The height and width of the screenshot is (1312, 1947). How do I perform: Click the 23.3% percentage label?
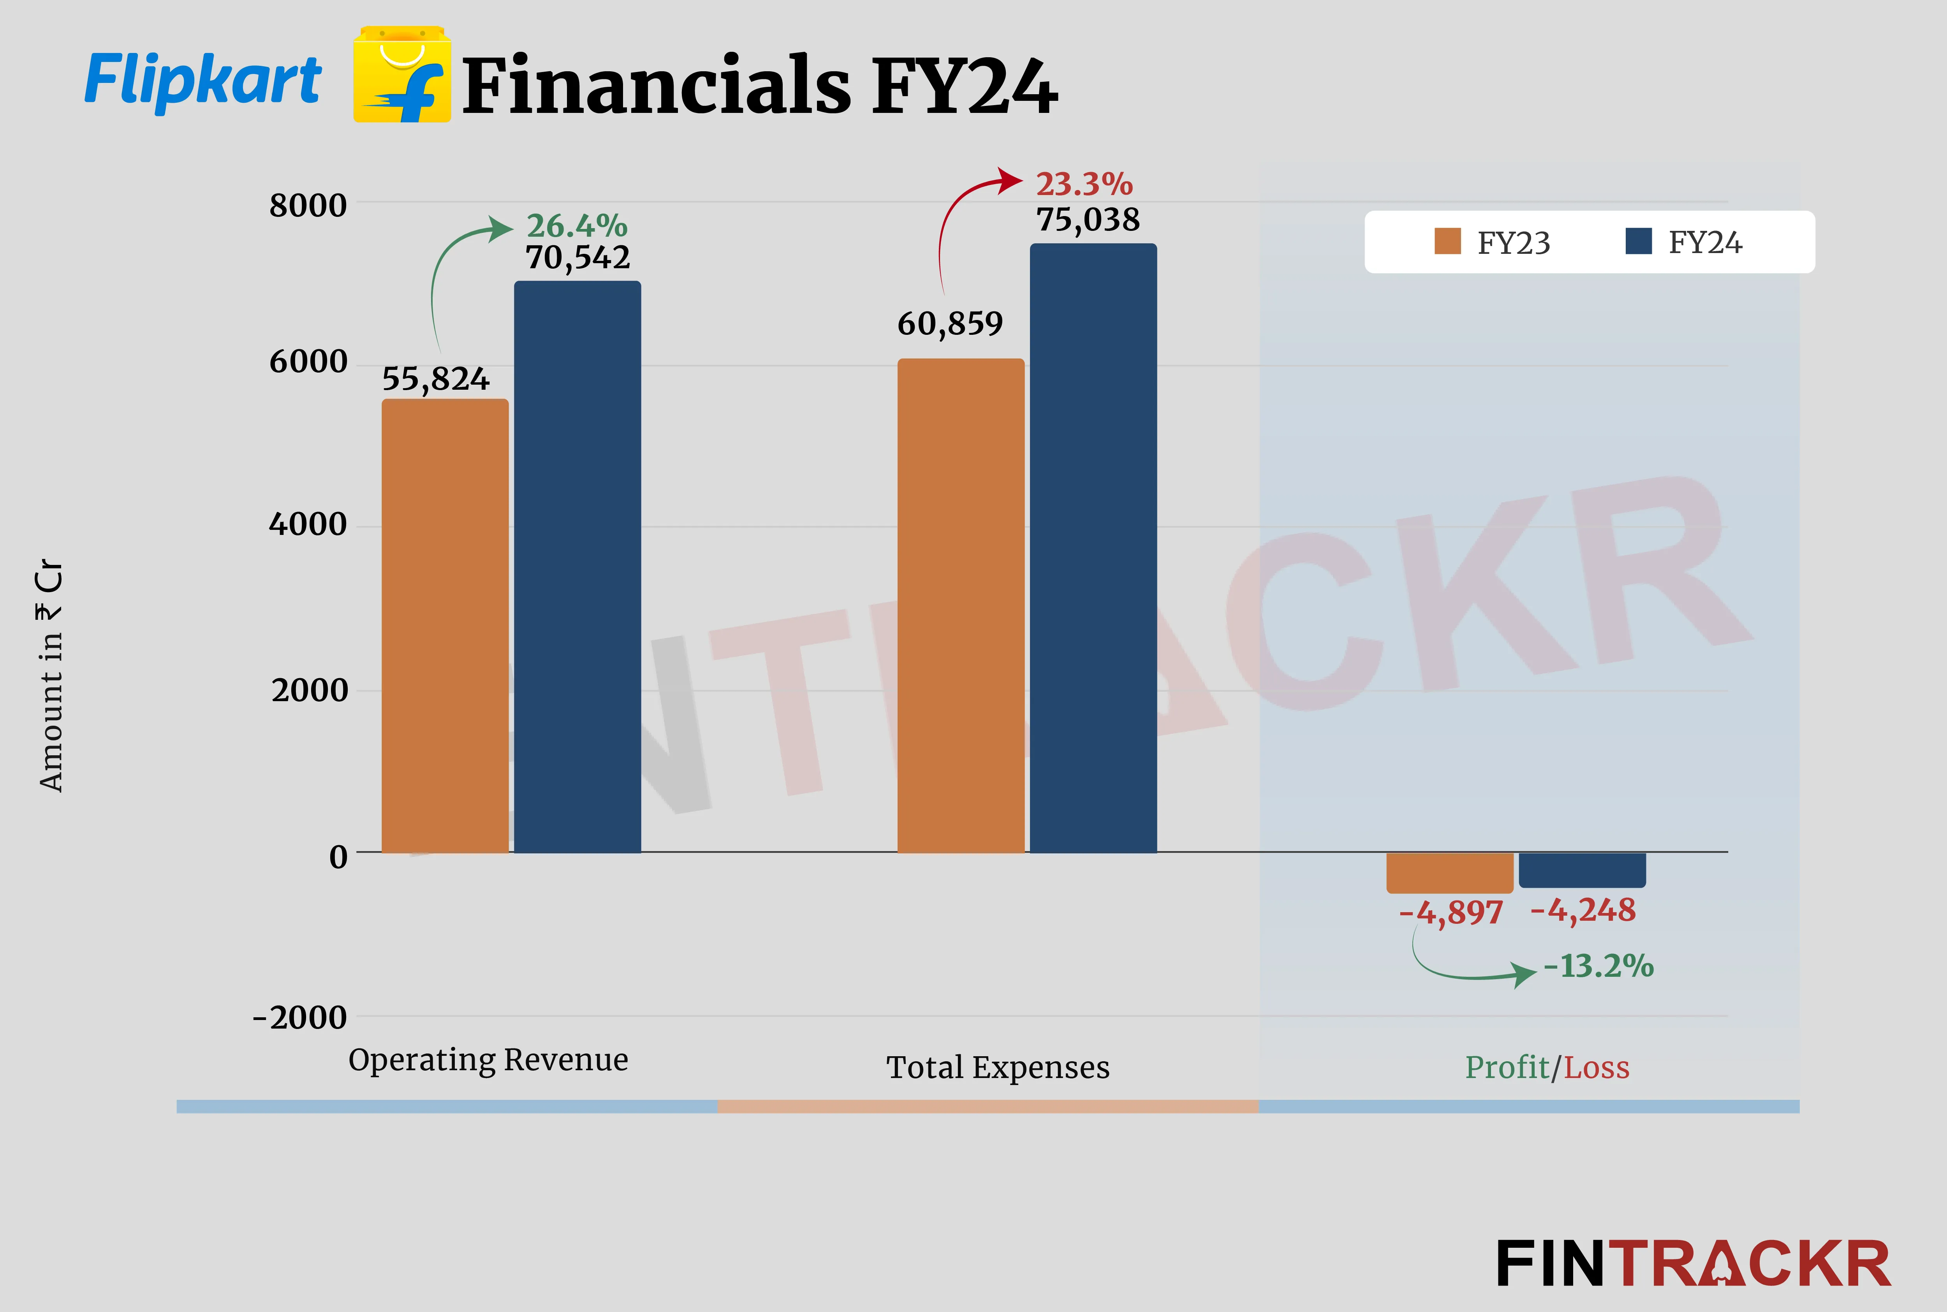click(x=1084, y=183)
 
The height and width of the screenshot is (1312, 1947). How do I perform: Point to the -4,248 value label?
click(x=1582, y=910)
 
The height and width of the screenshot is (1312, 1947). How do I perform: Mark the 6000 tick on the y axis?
click(x=308, y=362)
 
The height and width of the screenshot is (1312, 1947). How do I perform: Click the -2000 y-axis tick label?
click(x=299, y=1017)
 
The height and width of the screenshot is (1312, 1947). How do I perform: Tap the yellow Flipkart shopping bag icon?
click(x=401, y=75)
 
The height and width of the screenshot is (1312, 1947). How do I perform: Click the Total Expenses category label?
click(x=997, y=1068)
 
